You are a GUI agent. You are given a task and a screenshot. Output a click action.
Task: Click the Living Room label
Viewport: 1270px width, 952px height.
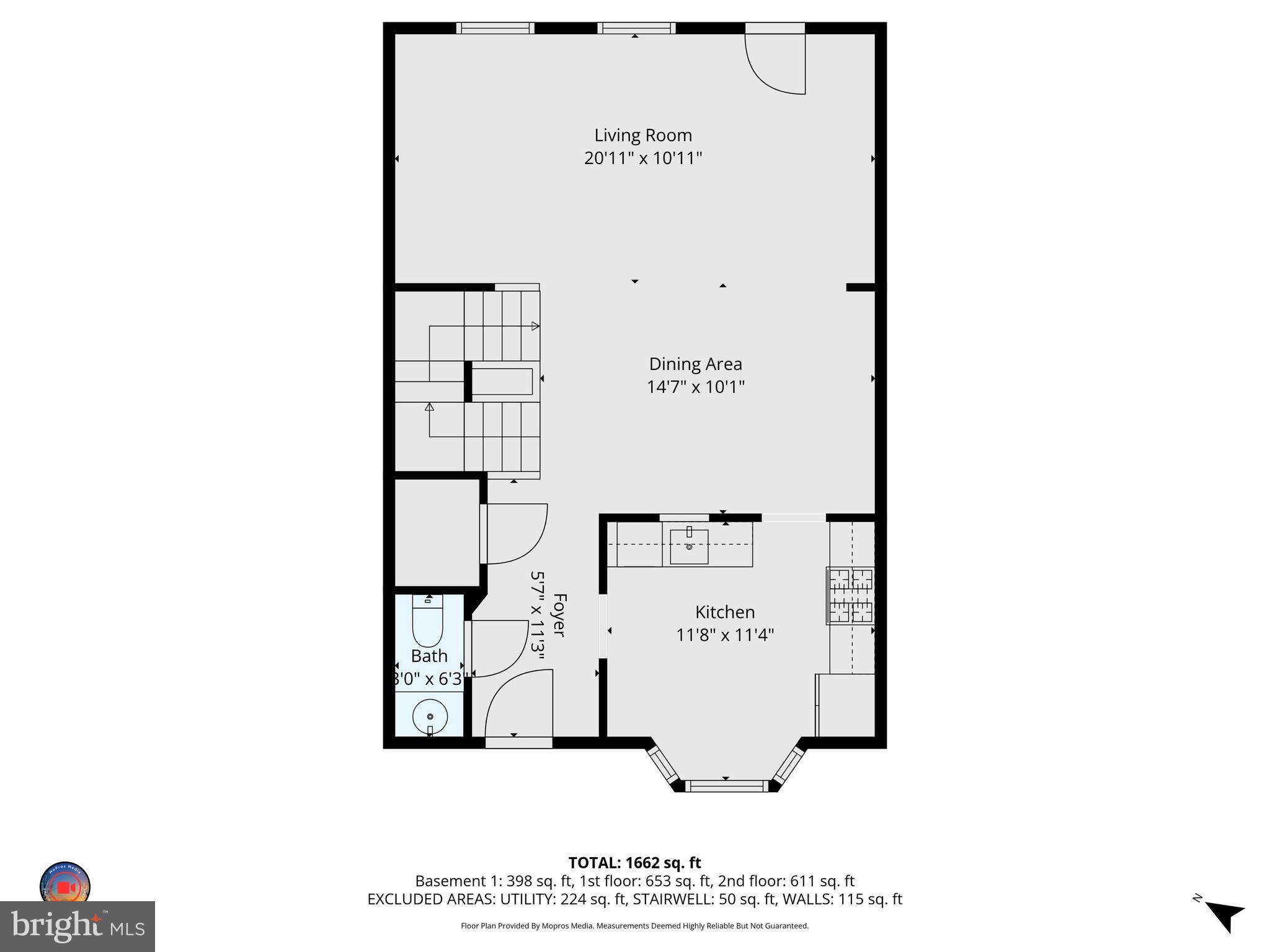coord(643,135)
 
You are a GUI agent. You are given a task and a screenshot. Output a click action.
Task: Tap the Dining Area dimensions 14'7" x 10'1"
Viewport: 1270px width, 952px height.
coord(695,387)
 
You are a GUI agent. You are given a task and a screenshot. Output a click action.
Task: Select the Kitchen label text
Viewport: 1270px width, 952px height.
coord(724,612)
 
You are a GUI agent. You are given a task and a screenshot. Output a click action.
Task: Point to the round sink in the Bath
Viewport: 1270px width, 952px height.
coord(430,716)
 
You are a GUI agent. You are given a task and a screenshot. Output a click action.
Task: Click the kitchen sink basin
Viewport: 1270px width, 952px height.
coord(689,547)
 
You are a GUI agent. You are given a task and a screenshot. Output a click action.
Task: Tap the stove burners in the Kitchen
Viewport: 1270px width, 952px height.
coord(851,596)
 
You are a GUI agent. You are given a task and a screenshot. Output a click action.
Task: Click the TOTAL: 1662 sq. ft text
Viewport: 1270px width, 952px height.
coord(634,862)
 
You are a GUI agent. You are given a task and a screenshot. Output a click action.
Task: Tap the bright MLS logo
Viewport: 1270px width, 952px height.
coord(77,927)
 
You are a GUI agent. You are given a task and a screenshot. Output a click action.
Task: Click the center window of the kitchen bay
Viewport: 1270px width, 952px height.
coord(726,786)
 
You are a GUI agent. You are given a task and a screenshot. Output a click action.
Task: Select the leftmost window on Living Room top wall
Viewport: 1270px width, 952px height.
coord(495,28)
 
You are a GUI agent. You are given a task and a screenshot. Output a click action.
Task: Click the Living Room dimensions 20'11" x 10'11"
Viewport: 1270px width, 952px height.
coord(643,158)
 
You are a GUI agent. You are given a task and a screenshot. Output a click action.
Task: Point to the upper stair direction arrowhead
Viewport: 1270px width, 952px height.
coord(535,326)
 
